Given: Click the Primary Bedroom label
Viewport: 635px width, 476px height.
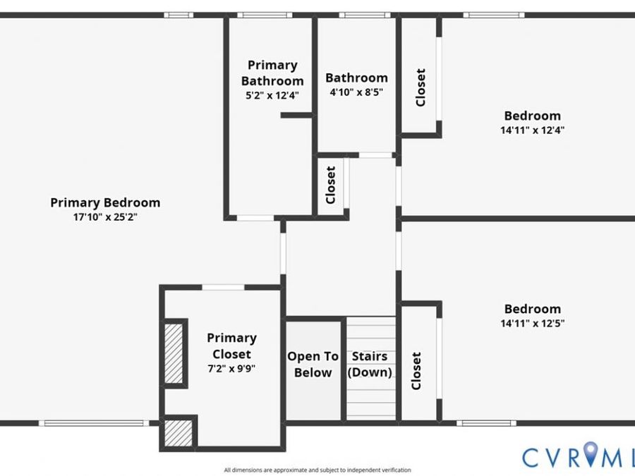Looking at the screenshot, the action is pos(105,203).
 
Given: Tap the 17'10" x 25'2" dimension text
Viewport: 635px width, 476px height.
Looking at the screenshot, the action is pos(105,217).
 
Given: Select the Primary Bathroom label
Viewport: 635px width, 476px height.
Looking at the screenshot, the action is pos(272,73).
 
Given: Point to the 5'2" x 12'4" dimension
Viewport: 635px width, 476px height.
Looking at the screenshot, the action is pos(272,96).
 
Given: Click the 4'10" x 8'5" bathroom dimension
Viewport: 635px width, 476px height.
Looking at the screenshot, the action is pos(356,92).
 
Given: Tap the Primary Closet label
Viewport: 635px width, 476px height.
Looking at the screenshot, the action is pos(231,346).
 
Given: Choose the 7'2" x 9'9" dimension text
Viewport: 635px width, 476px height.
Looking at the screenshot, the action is pos(231,369).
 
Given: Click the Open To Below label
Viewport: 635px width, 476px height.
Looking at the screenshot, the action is pos(313,365).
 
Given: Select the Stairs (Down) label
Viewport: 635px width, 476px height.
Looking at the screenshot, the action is pos(370,365).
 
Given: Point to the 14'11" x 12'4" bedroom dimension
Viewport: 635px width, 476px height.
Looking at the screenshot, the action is pos(533,130).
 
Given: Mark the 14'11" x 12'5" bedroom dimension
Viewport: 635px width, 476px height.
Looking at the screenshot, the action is pos(533,324).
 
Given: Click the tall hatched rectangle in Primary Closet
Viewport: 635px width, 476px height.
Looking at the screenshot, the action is pos(174,353).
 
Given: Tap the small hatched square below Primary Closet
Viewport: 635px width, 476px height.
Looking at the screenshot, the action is pos(179,433).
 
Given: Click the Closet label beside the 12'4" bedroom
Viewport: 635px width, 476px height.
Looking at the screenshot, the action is pos(421,87).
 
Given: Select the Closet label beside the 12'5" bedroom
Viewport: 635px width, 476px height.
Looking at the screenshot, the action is pos(416,371).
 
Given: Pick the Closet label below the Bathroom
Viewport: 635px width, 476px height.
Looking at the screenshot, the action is pos(330,185).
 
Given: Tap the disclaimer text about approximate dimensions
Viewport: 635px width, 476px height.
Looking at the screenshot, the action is pos(317,470).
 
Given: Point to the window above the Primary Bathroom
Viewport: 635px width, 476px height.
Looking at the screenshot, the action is pos(265,15).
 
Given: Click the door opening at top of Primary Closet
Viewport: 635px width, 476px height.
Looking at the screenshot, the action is pos(223,288).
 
